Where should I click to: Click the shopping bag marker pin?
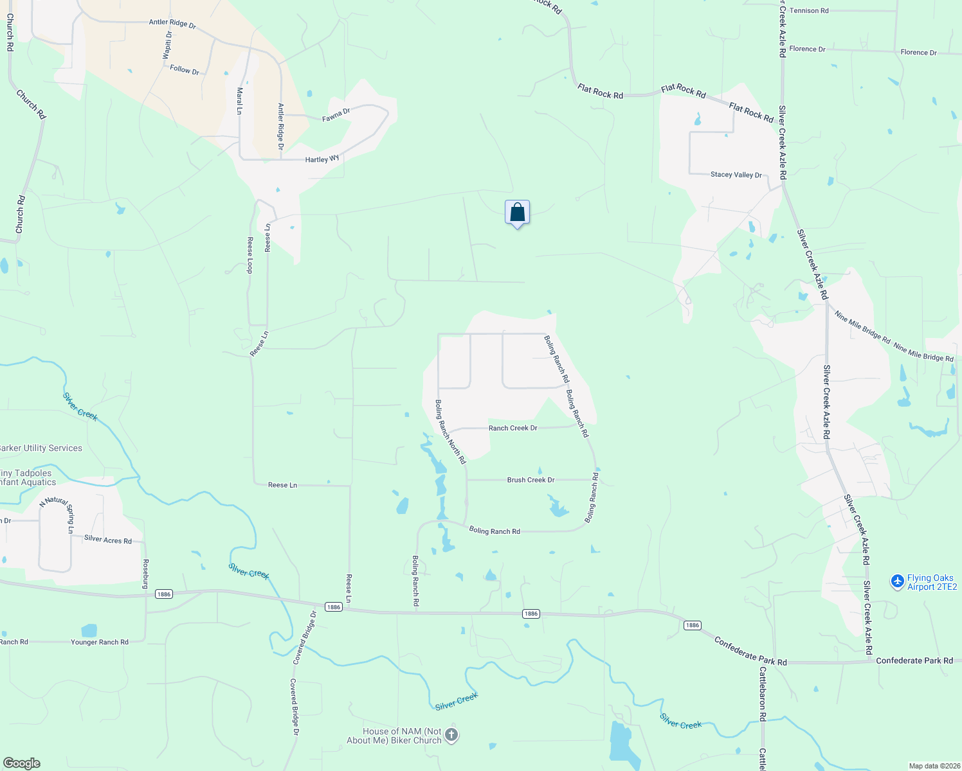[517, 213]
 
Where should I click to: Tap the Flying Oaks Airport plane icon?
[897, 581]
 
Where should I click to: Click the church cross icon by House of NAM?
[451, 735]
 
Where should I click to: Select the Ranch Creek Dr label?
[513, 428]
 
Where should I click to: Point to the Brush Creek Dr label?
[531, 480]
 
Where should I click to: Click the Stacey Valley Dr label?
[736, 175]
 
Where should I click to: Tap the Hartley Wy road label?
[322, 159]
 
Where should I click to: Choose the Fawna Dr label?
[336, 115]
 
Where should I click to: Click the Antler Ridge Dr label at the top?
[172, 23]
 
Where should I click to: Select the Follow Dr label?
[185, 69]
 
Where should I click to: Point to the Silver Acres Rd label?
[108, 540]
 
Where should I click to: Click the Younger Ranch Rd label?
[100, 642]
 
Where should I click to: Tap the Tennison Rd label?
[809, 11]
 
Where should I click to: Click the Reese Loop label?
[250, 255]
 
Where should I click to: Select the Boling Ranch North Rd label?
[450, 432]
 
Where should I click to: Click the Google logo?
[22, 763]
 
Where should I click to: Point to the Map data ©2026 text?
[932, 766]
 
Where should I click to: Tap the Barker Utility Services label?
[41, 448]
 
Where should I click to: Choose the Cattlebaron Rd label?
[763, 694]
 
